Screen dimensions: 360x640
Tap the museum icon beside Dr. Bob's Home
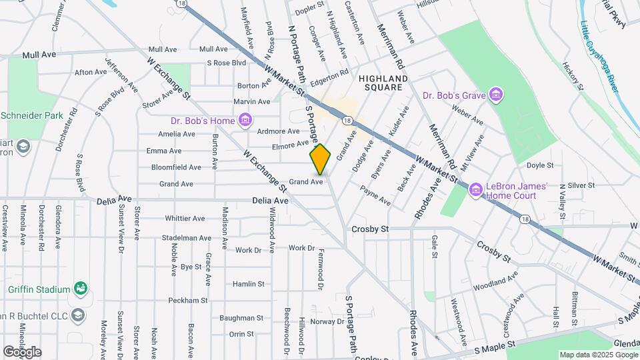pyautogui.click(x=246, y=121)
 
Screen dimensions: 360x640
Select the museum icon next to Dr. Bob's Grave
pyautogui.click(x=495, y=95)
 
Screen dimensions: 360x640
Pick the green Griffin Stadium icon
pyautogui.click(x=81, y=289)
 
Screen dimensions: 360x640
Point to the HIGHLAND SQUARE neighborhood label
pyautogui.click(x=381, y=83)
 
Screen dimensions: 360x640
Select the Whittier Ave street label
pyautogui.click(x=185, y=218)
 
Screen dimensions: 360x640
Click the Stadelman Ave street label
pyautogui.click(x=183, y=237)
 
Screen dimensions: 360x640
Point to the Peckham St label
pyautogui.click(x=184, y=301)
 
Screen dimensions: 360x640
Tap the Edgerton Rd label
pyautogui.click(x=330, y=77)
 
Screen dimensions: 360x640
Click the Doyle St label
pyautogui.click(x=541, y=165)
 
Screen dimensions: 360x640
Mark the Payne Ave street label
pyautogui.click(x=375, y=195)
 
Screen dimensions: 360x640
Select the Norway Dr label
pyautogui.click(x=327, y=321)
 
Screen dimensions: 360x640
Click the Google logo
pyautogui.click(x=21, y=351)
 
